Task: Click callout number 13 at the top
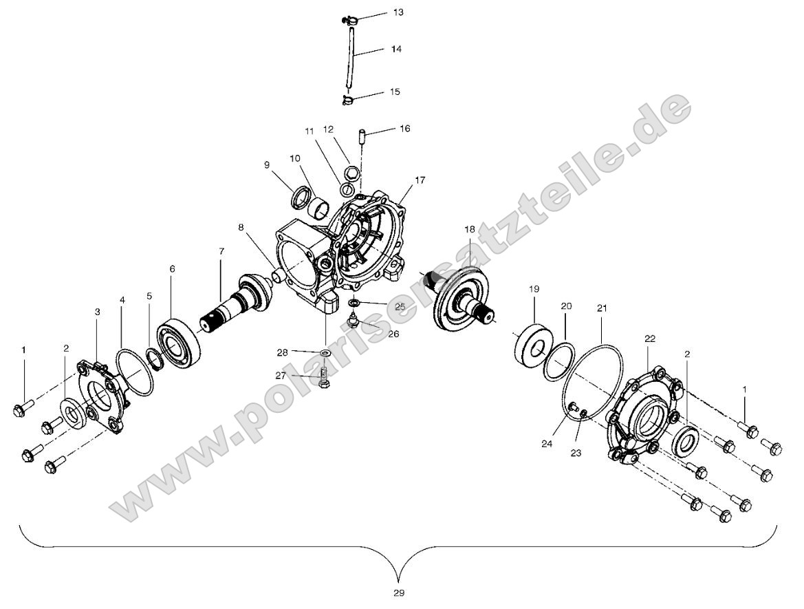coord(398,13)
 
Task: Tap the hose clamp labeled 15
coord(349,101)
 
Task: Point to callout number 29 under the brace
coord(400,592)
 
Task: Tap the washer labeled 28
coord(325,354)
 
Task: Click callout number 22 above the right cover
coord(649,339)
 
